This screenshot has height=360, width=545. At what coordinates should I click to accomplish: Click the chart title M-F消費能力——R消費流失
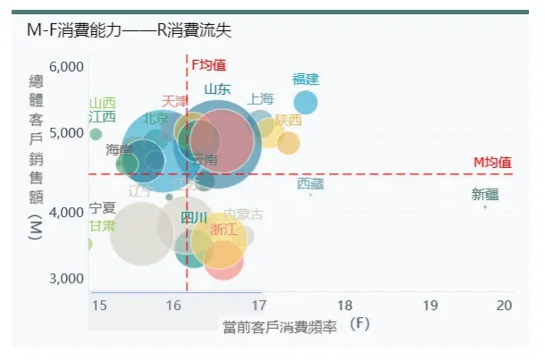pyautogui.click(x=129, y=30)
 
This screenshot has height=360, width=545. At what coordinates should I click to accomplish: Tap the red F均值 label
pyautogui.click(x=209, y=64)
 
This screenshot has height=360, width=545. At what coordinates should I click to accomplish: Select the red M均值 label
pyautogui.click(x=492, y=162)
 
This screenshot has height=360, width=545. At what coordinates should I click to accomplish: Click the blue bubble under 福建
pyautogui.click(x=306, y=102)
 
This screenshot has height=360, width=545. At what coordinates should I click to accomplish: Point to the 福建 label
pyautogui.click(x=306, y=79)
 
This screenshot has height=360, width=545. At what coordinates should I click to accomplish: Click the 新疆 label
pyautogui.click(x=485, y=195)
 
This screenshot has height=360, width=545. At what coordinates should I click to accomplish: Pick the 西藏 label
pyautogui.click(x=310, y=184)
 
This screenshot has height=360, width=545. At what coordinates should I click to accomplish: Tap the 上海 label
pyautogui.click(x=261, y=98)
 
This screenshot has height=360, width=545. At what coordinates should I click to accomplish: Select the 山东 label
pyautogui.click(x=217, y=88)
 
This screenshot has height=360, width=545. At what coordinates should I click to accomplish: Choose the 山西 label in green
pyautogui.click(x=103, y=103)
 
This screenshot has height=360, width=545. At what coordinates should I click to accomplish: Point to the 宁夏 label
pyautogui.click(x=103, y=208)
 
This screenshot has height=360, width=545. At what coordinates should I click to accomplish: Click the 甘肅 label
pyautogui.click(x=103, y=225)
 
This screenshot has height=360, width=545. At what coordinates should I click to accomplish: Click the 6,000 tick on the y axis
pyautogui.click(x=66, y=67)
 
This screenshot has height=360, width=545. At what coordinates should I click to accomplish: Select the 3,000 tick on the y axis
pyautogui.click(x=66, y=278)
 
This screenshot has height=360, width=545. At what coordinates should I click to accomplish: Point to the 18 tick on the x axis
pyautogui.click(x=345, y=306)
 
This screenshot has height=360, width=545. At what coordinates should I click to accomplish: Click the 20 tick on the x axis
pyautogui.click(x=505, y=306)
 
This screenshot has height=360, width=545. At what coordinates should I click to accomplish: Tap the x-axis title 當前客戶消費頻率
pyautogui.click(x=280, y=326)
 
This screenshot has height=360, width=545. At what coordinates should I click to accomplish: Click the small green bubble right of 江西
pyautogui.click(x=96, y=134)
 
